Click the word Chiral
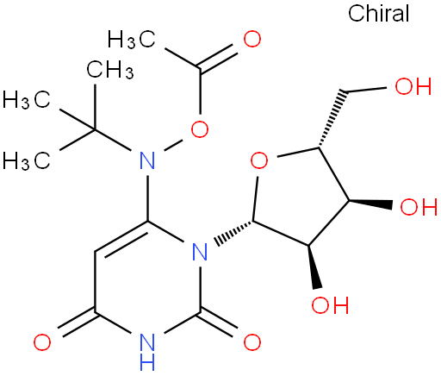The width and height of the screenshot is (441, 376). coord(379,13)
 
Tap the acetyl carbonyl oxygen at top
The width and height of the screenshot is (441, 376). coord(252,39)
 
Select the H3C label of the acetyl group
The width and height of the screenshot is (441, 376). coord(132,39)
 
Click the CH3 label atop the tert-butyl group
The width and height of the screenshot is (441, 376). coord(110,69)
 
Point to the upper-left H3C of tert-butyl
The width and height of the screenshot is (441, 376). coord(27,100)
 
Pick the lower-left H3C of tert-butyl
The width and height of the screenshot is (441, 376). coord(27,160)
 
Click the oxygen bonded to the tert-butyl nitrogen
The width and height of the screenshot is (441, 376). coord(200,129)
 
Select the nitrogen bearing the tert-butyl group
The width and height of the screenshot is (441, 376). coord(147,160)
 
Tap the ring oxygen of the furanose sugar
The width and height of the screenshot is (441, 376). coord(259,160)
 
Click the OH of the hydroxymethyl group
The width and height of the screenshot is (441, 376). coord(413,86)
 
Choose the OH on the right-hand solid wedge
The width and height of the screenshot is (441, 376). coord(419,207)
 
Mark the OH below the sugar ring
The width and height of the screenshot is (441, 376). coord(330,304)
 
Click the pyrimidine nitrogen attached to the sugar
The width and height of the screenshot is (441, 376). coord(200,252)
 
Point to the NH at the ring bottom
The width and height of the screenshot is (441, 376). coord(147,351)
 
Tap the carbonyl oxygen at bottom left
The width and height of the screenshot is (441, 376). coord(42,342)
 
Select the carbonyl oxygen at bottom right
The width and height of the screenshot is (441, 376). coord(252,342)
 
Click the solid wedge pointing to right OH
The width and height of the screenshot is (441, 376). coord(370,203)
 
